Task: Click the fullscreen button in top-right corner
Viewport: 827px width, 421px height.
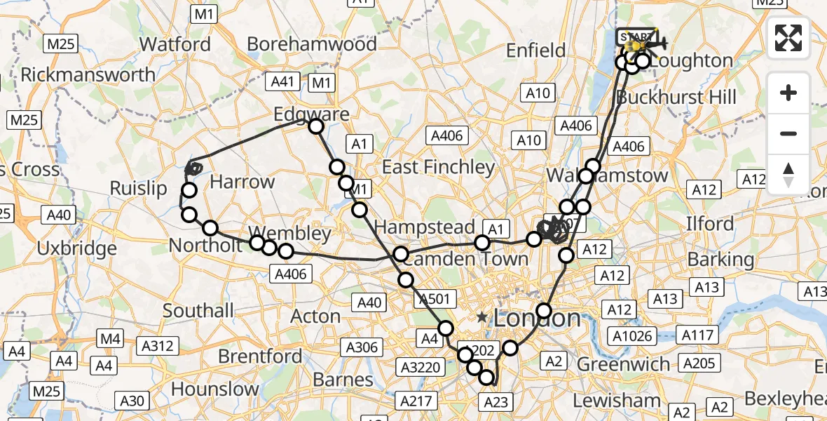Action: (x=788, y=38)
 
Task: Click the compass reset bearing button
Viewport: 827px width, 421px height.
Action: (x=788, y=175)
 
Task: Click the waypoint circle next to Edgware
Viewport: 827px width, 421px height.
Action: (x=316, y=126)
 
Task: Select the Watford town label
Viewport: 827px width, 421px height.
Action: (x=175, y=44)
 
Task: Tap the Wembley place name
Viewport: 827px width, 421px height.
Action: (x=289, y=233)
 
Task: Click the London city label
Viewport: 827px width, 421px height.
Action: (x=537, y=319)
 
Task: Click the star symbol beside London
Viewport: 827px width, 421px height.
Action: (x=482, y=318)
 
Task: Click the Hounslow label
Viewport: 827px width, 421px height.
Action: (x=214, y=389)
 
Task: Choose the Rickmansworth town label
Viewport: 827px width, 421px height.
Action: (x=88, y=74)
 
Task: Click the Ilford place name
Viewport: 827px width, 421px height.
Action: (x=710, y=225)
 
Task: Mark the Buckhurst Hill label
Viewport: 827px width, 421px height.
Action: (x=676, y=97)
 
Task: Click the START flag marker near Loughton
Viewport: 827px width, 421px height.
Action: (x=634, y=37)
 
